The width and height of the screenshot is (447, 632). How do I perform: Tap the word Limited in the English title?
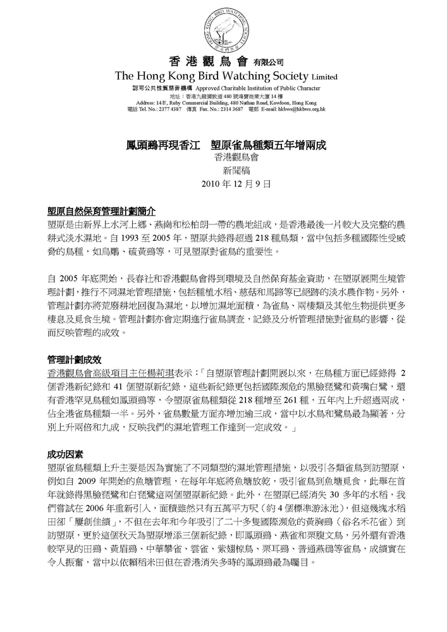(323, 76)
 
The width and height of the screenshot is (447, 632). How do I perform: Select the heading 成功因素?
(65, 454)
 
